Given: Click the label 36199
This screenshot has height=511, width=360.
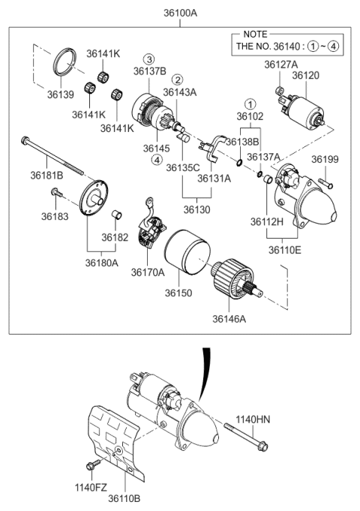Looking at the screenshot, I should tap(325, 159).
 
